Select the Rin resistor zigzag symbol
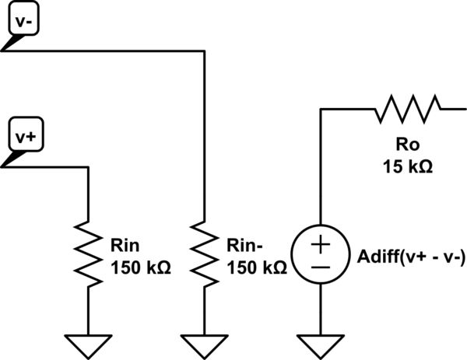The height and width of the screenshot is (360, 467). pyautogui.click(x=87, y=250)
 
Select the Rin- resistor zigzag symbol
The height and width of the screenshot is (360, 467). pyautogui.click(x=204, y=250)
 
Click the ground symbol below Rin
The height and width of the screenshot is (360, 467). pyautogui.click(x=87, y=342)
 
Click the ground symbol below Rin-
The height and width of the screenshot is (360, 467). pyautogui.click(x=204, y=342)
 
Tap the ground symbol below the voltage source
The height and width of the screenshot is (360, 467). pyautogui.click(x=321, y=342)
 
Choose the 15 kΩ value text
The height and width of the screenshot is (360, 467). pyautogui.click(x=407, y=166)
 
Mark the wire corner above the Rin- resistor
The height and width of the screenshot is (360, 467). pyautogui.click(x=204, y=51)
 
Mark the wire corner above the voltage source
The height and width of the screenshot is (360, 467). pyautogui.click(x=321, y=110)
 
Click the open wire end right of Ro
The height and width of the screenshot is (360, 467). pyautogui.click(x=455, y=110)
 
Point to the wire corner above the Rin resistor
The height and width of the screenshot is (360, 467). pyautogui.click(x=87, y=166)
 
